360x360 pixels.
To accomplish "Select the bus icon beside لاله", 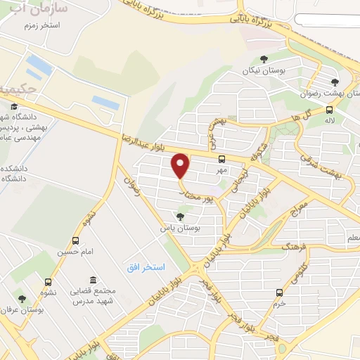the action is point(330,110).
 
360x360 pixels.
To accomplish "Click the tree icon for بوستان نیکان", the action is point(264,59).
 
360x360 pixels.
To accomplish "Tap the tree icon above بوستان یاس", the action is point(181,217).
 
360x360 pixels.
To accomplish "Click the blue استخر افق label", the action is point(146,268).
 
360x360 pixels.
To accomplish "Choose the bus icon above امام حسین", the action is point(64,239).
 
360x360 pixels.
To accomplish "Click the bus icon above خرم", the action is point(280,292).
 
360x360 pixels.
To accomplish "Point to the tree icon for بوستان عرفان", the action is point(22,298).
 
